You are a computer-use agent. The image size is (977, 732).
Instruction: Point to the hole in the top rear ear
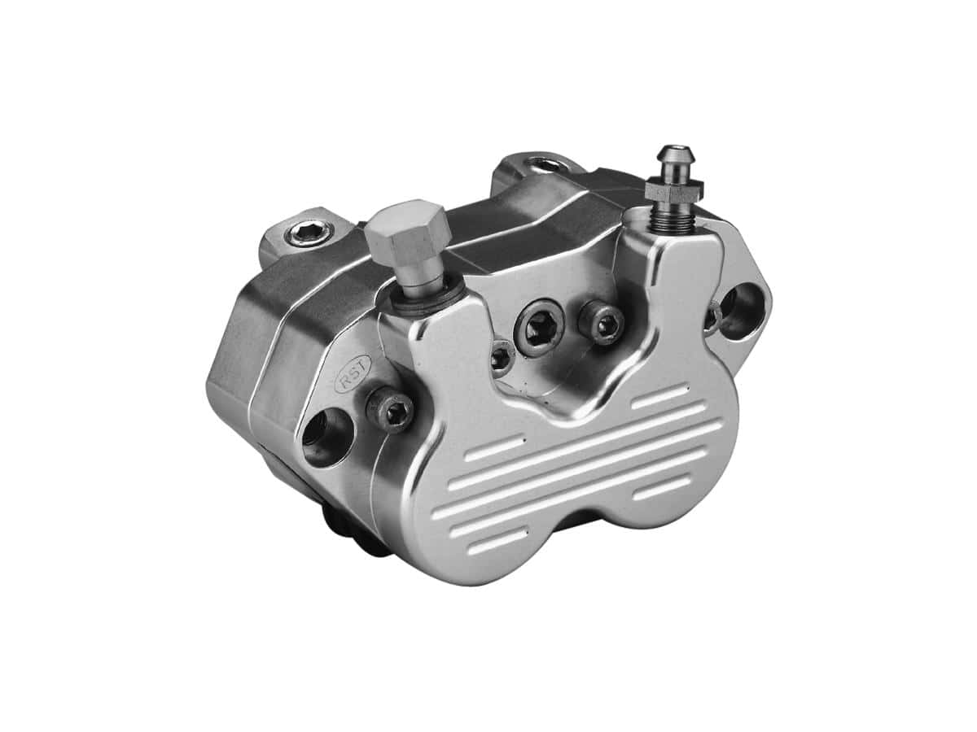[541, 167]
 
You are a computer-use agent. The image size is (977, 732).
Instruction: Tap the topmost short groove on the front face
[659, 398]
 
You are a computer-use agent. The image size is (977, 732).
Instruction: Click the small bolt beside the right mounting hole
[712, 315]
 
